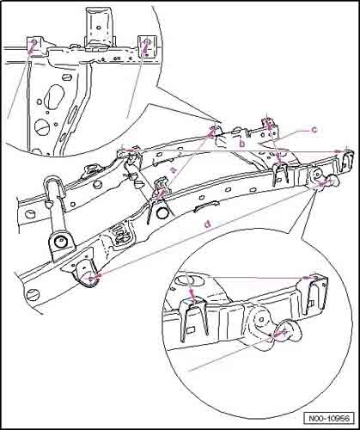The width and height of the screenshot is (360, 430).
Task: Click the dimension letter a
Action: tap(173, 169)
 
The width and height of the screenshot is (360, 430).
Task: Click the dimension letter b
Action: tap(242, 144)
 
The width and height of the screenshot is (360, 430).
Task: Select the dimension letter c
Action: tap(314, 130)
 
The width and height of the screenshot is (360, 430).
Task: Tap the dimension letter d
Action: tap(208, 224)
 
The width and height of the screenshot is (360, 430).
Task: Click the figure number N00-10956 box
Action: tap(328, 418)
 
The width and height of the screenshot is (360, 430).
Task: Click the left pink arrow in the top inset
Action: tap(32, 46)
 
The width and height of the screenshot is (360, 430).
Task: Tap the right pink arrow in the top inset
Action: tap(145, 46)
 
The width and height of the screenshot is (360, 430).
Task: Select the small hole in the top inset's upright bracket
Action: tap(98, 28)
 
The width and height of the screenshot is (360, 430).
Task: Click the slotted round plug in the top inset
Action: tap(40, 126)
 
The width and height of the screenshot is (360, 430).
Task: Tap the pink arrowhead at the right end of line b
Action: tap(339, 151)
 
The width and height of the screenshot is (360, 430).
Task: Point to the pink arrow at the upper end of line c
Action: tap(268, 124)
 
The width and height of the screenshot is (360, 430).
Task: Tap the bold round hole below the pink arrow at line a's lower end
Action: tap(163, 213)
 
